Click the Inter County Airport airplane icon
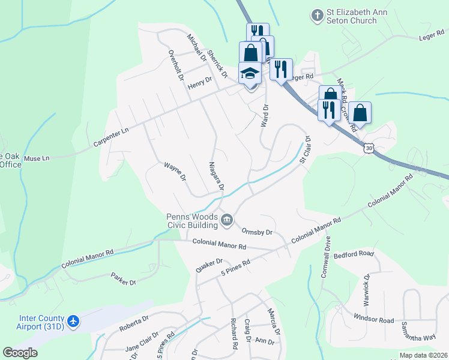tap(74, 322)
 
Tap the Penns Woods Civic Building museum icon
tap(227, 220)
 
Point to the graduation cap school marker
tap(250, 74)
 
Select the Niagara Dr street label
tap(216, 176)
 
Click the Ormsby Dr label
tap(257, 232)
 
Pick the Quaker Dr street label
tap(209, 266)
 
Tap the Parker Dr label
tap(124, 278)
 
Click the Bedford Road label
tap(354, 254)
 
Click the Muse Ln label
tap(37, 158)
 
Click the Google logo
tap(20, 353)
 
